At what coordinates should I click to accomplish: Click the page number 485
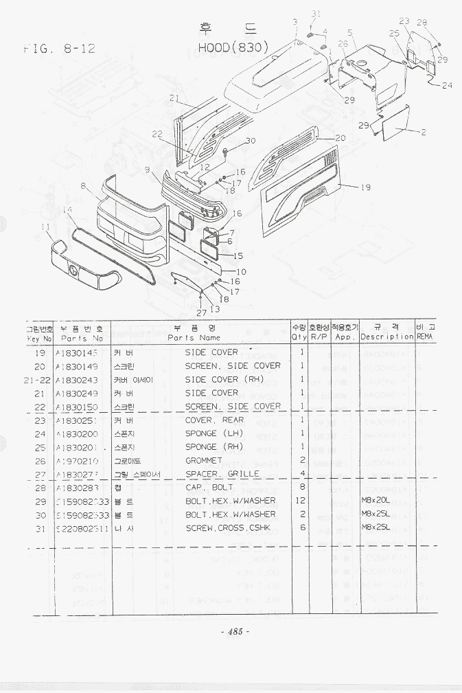tap(235, 632)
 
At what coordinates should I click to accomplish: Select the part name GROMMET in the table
tap(204, 460)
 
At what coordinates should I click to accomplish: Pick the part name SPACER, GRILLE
tap(222, 474)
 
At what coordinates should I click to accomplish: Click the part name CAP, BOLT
tap(209, 487)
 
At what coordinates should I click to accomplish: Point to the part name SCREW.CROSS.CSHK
tap(228, 527)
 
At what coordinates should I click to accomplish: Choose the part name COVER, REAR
tap(214, 420)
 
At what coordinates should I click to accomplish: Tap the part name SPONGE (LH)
tap(210, 433)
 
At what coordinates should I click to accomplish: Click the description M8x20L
tap(376, 501)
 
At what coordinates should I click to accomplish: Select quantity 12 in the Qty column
tap(300, 501)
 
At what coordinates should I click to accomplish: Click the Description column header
tap(386, 337)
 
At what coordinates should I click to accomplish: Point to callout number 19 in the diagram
tap(365, 187)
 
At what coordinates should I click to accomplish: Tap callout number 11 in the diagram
tap(45, 227)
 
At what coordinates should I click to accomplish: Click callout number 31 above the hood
tap(315, 14)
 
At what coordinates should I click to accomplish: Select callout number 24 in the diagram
tap(447, 86)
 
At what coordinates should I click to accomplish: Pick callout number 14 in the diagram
tap(67, 209)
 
